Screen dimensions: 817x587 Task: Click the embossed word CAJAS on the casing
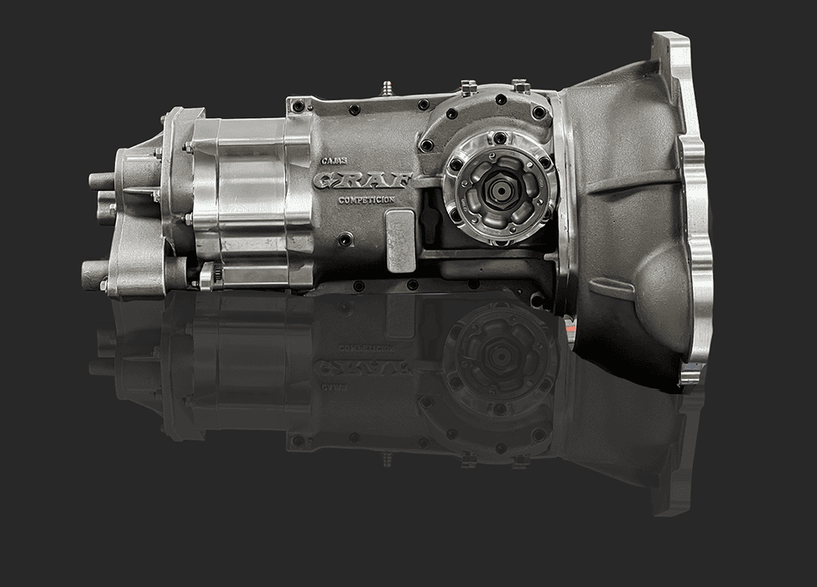330,162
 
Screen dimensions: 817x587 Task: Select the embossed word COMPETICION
367,200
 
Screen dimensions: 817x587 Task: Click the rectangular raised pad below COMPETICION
400,242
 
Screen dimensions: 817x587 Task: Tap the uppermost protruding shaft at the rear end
101,182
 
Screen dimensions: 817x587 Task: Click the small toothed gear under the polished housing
207,276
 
